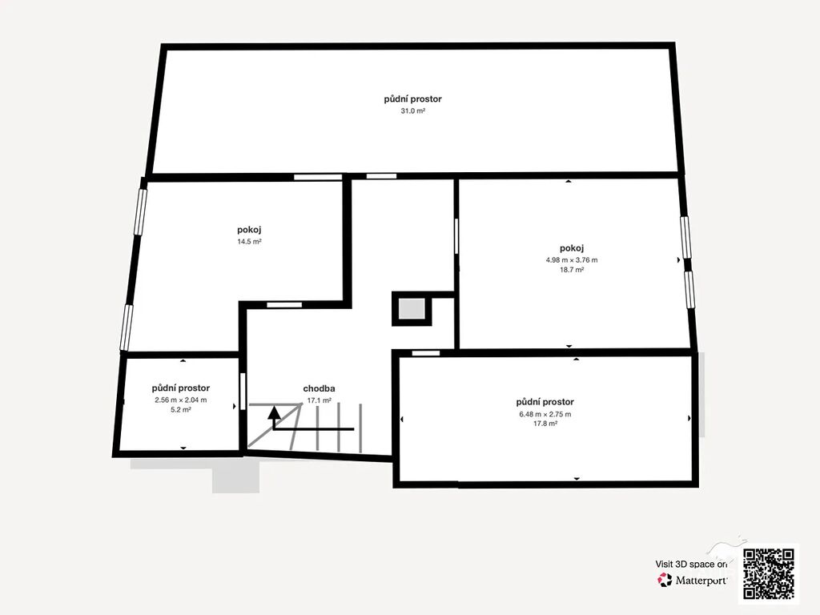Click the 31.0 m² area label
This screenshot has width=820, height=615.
[412, 111]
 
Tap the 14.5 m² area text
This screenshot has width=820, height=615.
[249, 242]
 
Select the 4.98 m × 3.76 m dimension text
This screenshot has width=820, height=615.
[572, 259]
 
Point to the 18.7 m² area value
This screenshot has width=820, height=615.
[572, 270]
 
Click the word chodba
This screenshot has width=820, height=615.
[319, 388]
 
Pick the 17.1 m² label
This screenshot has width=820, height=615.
[319, 400]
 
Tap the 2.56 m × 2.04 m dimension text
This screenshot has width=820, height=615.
[180, 400]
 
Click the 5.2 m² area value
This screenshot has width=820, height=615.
[180, 410]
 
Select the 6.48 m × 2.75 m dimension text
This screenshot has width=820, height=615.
[545, 414]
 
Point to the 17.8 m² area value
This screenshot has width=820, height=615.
[545, 424]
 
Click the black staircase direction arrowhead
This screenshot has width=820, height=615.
[274, 412]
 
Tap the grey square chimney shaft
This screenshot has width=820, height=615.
[412, 309]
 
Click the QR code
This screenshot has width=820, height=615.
[769, 573]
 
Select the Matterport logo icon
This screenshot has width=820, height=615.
[665, 580]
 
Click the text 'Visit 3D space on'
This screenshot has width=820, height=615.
[691, 565]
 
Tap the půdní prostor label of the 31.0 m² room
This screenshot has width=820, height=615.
[412, 98]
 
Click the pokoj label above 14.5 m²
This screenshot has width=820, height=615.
[249, 230]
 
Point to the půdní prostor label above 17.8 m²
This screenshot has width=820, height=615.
[545, 402]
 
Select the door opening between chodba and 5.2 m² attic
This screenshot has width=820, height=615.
[243, 391]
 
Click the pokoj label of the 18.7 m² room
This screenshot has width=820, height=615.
[572, 248]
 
